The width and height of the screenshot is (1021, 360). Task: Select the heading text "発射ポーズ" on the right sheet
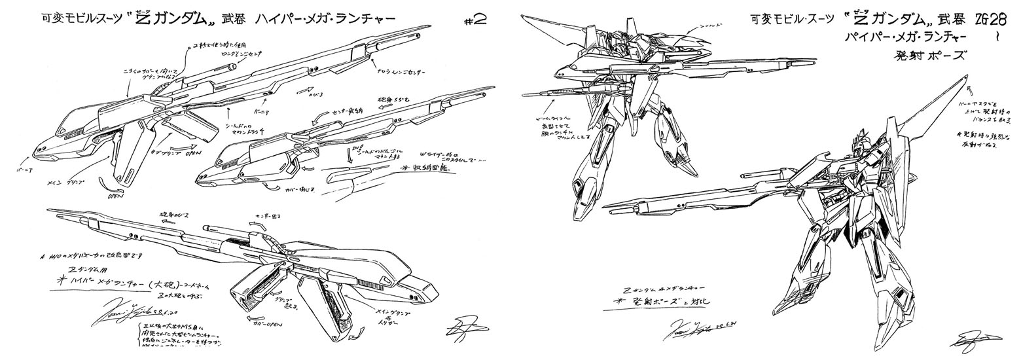[928, 56]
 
